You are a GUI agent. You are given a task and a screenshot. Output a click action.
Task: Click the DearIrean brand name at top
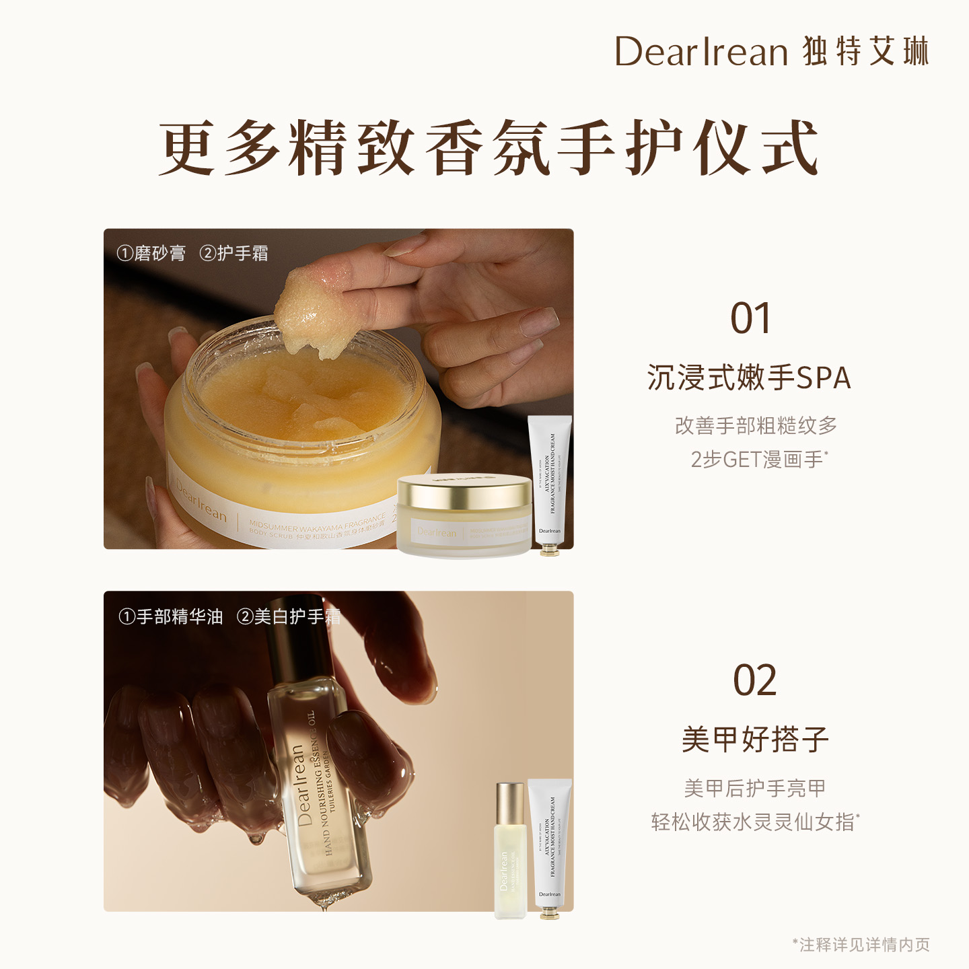701,52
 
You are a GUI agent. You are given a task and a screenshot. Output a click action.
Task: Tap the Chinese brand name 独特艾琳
865,52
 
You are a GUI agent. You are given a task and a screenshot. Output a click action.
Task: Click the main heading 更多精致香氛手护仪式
488,148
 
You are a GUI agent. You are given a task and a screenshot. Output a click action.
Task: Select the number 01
750,319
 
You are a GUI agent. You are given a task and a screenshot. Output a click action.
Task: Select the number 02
754,681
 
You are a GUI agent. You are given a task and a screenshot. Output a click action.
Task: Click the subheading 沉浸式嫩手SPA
749,378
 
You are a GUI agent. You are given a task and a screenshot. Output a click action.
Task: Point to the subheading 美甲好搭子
754,740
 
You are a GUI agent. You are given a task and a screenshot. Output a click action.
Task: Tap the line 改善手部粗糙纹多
756,426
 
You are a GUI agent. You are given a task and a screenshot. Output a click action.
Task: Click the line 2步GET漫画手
757,460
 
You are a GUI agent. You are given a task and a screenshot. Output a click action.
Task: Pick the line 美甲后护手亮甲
754,788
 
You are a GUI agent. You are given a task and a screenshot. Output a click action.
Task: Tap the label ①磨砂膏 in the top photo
151,254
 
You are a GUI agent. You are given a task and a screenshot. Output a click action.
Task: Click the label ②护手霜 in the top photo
234,254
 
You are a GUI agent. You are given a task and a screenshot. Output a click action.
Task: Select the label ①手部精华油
171,616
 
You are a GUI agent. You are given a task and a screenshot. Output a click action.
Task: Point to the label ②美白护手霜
289,616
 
